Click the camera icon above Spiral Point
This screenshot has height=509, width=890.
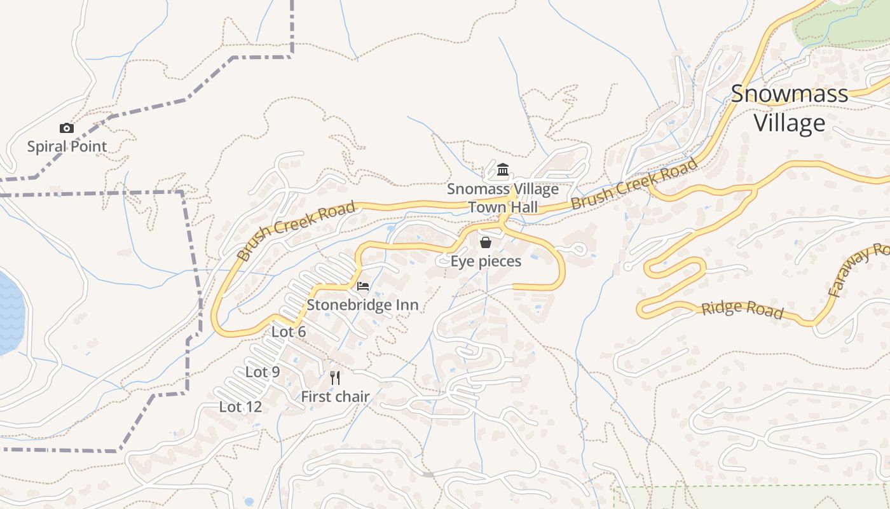[x=67, y=129]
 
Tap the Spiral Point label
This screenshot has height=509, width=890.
[x=67, y=146]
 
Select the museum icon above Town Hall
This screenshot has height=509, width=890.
[x=503, y=169]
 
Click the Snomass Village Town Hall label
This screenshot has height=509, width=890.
[x=503, y=198]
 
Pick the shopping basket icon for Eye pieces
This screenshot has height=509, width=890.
[x=486, y=242]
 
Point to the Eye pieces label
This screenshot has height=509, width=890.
[x=486, y=261]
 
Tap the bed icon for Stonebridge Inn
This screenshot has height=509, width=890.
[x=363, y=286]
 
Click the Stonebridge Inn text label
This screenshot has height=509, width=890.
[x=362, y=305]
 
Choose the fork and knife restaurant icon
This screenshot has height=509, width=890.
[x=335, y=378]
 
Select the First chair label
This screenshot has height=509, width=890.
[x=335, y=396]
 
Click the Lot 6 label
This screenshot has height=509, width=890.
[x=289, y=331]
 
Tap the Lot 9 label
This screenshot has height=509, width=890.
[x=263, y=372]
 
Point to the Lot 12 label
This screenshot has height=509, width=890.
[x=240, y=407]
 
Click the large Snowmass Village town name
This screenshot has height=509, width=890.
[x=790, y=108]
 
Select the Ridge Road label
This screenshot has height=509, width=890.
[x=742, y=309]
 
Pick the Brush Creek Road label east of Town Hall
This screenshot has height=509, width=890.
[x=634, y=184]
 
